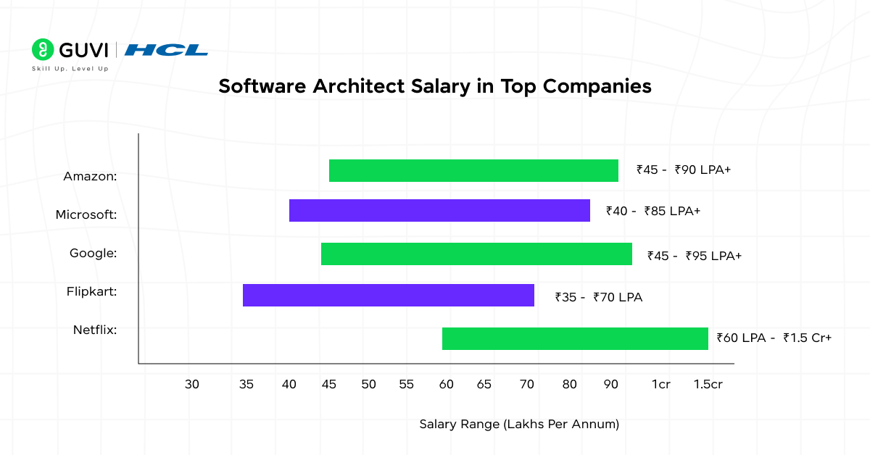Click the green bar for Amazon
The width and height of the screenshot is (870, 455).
click(x=473, y=171)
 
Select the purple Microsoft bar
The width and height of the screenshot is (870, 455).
click(x=439, y=210)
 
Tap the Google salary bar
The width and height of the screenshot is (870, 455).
click(x=476, y=254)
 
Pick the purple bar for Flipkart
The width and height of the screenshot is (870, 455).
click(x=388, y=296)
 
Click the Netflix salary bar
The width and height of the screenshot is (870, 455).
click(x=575, y=338)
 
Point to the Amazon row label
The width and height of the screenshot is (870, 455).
click(x=90, y=176)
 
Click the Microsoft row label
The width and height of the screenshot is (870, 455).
click(x=86, y=214)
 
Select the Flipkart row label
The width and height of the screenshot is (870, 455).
click(x=91, y=291)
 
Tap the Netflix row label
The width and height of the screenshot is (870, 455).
click(x=95, y=330)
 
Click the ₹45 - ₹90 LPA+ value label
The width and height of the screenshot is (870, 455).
click(x=684, y=170)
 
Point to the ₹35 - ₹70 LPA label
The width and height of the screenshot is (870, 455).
click(x=599, y=297)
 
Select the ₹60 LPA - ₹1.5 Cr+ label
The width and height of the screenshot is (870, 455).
click(x=774, y=338)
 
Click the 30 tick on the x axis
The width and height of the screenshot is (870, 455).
click(x=191, y=385)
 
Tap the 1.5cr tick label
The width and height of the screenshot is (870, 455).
click(x=708, y=385)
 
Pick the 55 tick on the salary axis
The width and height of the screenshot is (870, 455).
click(x=406, y=385)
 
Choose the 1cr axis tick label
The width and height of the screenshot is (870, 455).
click(x=660, y=385)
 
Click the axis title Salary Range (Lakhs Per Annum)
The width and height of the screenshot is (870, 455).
click(x=519, y=425)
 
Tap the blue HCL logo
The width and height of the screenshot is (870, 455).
click(x=166, y=50)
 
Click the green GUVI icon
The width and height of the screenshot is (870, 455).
click(x=43, y=49)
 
